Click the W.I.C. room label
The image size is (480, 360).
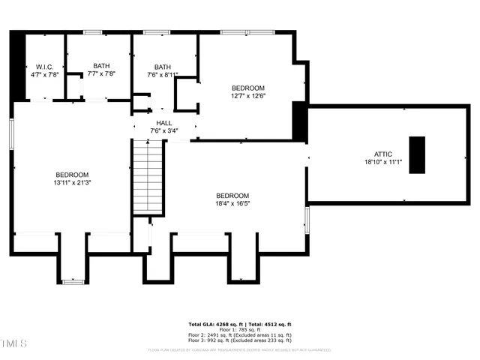coord(44,66)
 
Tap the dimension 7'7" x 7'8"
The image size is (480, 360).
coord(100,74)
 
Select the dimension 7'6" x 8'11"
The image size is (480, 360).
coord(162,75)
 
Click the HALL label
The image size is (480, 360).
coord(164,123)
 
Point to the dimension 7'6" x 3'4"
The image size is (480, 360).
coord(164,132)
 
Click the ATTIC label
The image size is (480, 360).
coord(383,154)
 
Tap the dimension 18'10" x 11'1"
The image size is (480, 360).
coord(383,162)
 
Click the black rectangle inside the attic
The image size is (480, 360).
coord(416,154)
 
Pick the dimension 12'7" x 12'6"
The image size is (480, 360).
coord(247,96)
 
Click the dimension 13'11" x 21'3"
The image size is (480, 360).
coord(73,182)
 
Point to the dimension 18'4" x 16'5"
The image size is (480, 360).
coord(232,202)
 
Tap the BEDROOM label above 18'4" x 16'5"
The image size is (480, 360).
coord(232,194)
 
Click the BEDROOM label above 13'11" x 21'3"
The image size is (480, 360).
coord(73,174)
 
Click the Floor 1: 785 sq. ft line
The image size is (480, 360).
coord(240,329)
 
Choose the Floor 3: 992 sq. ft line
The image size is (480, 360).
coord(240,340)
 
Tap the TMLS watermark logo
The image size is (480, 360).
coord(13,343)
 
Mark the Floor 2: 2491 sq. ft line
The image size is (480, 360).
coord(240,334)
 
